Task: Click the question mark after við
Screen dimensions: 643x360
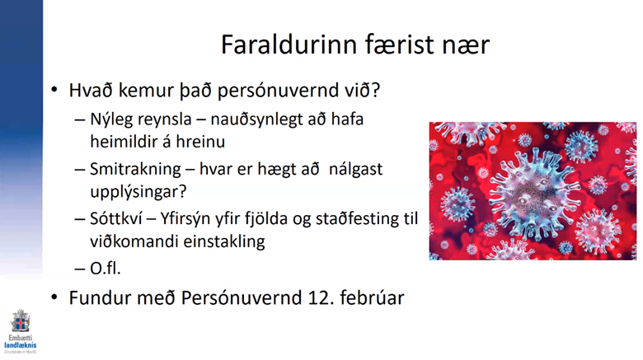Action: click(x=376, y=90)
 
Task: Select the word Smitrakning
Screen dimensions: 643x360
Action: click(x=135, y=170)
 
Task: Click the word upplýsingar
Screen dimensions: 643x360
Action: click(x=134, y=192)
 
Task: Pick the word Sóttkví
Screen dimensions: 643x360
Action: click(x=115, y=218)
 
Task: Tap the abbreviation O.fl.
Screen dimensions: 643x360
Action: click(x=106, y=269)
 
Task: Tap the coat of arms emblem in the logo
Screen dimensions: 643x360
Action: click(x=20, y=320)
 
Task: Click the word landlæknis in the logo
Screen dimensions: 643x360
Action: click(x=20, y=345)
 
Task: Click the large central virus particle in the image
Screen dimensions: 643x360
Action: click(x=533, y=191)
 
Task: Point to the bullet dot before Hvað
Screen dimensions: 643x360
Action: click(x=54, y=90)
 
